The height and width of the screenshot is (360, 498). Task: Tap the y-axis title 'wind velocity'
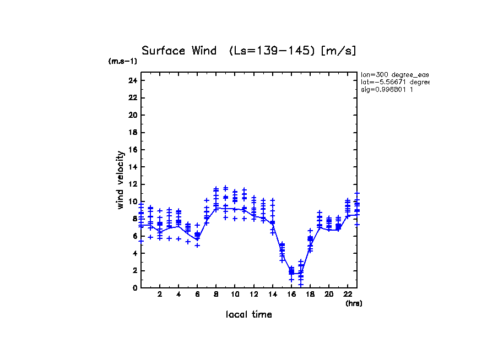[x=121, y=180]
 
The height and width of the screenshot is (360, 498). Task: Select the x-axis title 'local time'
[x=248, y=314]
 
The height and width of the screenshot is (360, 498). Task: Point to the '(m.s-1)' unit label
[x=122, y=62]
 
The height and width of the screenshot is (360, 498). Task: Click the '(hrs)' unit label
[x=354, y=303]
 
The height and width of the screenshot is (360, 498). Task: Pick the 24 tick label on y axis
[x=132, y=80]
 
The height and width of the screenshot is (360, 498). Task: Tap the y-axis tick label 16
[x=132, y=150]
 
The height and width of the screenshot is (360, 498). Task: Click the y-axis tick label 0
[x=134, y=288]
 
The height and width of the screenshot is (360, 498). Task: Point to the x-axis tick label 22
[x=348, y=295]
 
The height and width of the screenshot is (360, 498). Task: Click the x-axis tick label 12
[x=254, y=295]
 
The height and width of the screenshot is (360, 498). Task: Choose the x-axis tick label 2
[x=160, y=295]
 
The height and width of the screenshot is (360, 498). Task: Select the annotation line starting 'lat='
[x=394, y=82]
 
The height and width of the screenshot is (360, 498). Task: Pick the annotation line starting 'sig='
[x=387, y=89]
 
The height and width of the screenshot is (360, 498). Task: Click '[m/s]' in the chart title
[x=339, y=51]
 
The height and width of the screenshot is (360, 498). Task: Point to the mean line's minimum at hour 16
[x=291, y=274]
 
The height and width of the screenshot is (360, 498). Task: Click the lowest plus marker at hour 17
[x=301, y=285]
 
